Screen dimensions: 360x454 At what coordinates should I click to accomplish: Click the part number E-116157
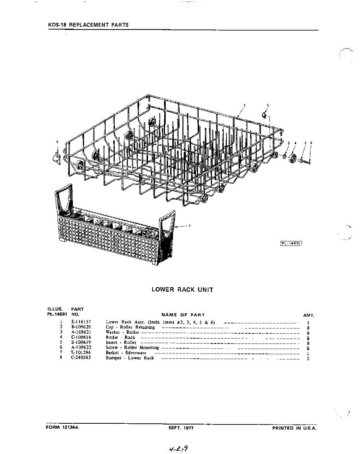click(x=81, y=322)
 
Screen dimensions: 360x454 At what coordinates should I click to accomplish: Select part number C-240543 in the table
click(x=81, y=358)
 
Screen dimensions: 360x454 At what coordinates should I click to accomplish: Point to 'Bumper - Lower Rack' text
click(x=130, y=358)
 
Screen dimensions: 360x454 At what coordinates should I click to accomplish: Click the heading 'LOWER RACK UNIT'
click(x=182, y=290)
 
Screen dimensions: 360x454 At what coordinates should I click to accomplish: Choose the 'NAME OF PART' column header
click(x=183, y=315)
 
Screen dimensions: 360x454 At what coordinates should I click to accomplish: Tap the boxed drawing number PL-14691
click(x=291, y=243)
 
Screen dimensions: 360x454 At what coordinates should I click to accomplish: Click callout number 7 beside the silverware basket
click(x=189, y=226)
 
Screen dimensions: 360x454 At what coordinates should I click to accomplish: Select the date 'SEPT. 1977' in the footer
click(x=181, y=428)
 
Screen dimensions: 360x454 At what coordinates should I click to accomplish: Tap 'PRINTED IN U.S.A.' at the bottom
click(x=294, y=428)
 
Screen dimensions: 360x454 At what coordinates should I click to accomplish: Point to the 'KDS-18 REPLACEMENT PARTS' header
click(x=88, y=25)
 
